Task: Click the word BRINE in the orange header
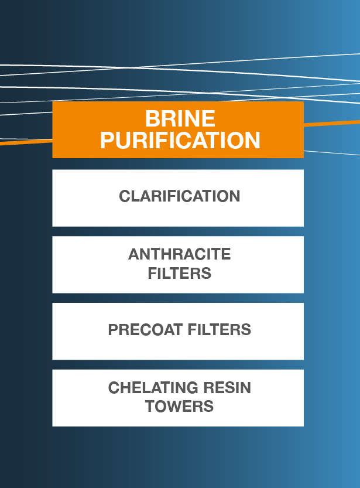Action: [180, 118]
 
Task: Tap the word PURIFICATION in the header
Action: [180, 141]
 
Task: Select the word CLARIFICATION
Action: [179, 196]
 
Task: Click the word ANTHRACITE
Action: [179, 254]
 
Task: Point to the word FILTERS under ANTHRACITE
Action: [179, 273]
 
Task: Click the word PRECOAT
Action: [145, 330]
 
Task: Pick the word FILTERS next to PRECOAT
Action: [219, 330]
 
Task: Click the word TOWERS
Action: [179, 407]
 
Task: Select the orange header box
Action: [178, 130]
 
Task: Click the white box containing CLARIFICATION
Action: [178, 198]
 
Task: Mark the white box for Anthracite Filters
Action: [178, 265]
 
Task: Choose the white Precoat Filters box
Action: [178, 331]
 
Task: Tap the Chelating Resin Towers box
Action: [178, 398]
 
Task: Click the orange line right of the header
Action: [332, 123]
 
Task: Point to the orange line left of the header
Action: [26, 142]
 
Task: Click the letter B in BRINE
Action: [152, 118]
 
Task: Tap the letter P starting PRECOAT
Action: [113, 330]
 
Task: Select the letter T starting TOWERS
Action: [151, 407]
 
